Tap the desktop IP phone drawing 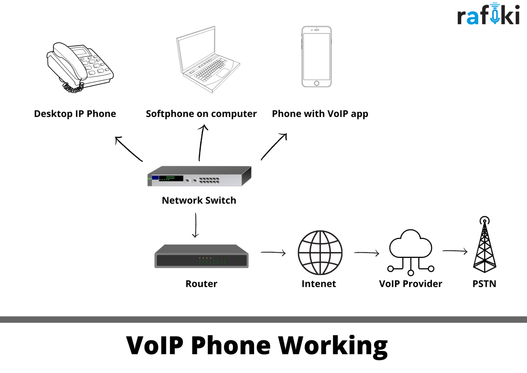(x=80, y=68)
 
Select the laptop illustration (x=208, y=59)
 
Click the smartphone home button (x=317, y=83)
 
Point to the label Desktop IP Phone (x=75, y=114)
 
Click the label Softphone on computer (x=201, y=114)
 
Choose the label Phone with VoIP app (x=320, y=114)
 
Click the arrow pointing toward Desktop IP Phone (x=128, y=149)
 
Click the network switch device (x=199, y=176)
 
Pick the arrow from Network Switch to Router (x=196, y=225)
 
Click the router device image (x=201, y=256)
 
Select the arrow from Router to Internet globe (x=273, y=253)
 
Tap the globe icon (x=320, y=253)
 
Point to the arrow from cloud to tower (x=455, y=251)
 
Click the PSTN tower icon (x=485, y=244)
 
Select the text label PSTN (x=484, y=284)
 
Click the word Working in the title (x=333, y=346)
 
